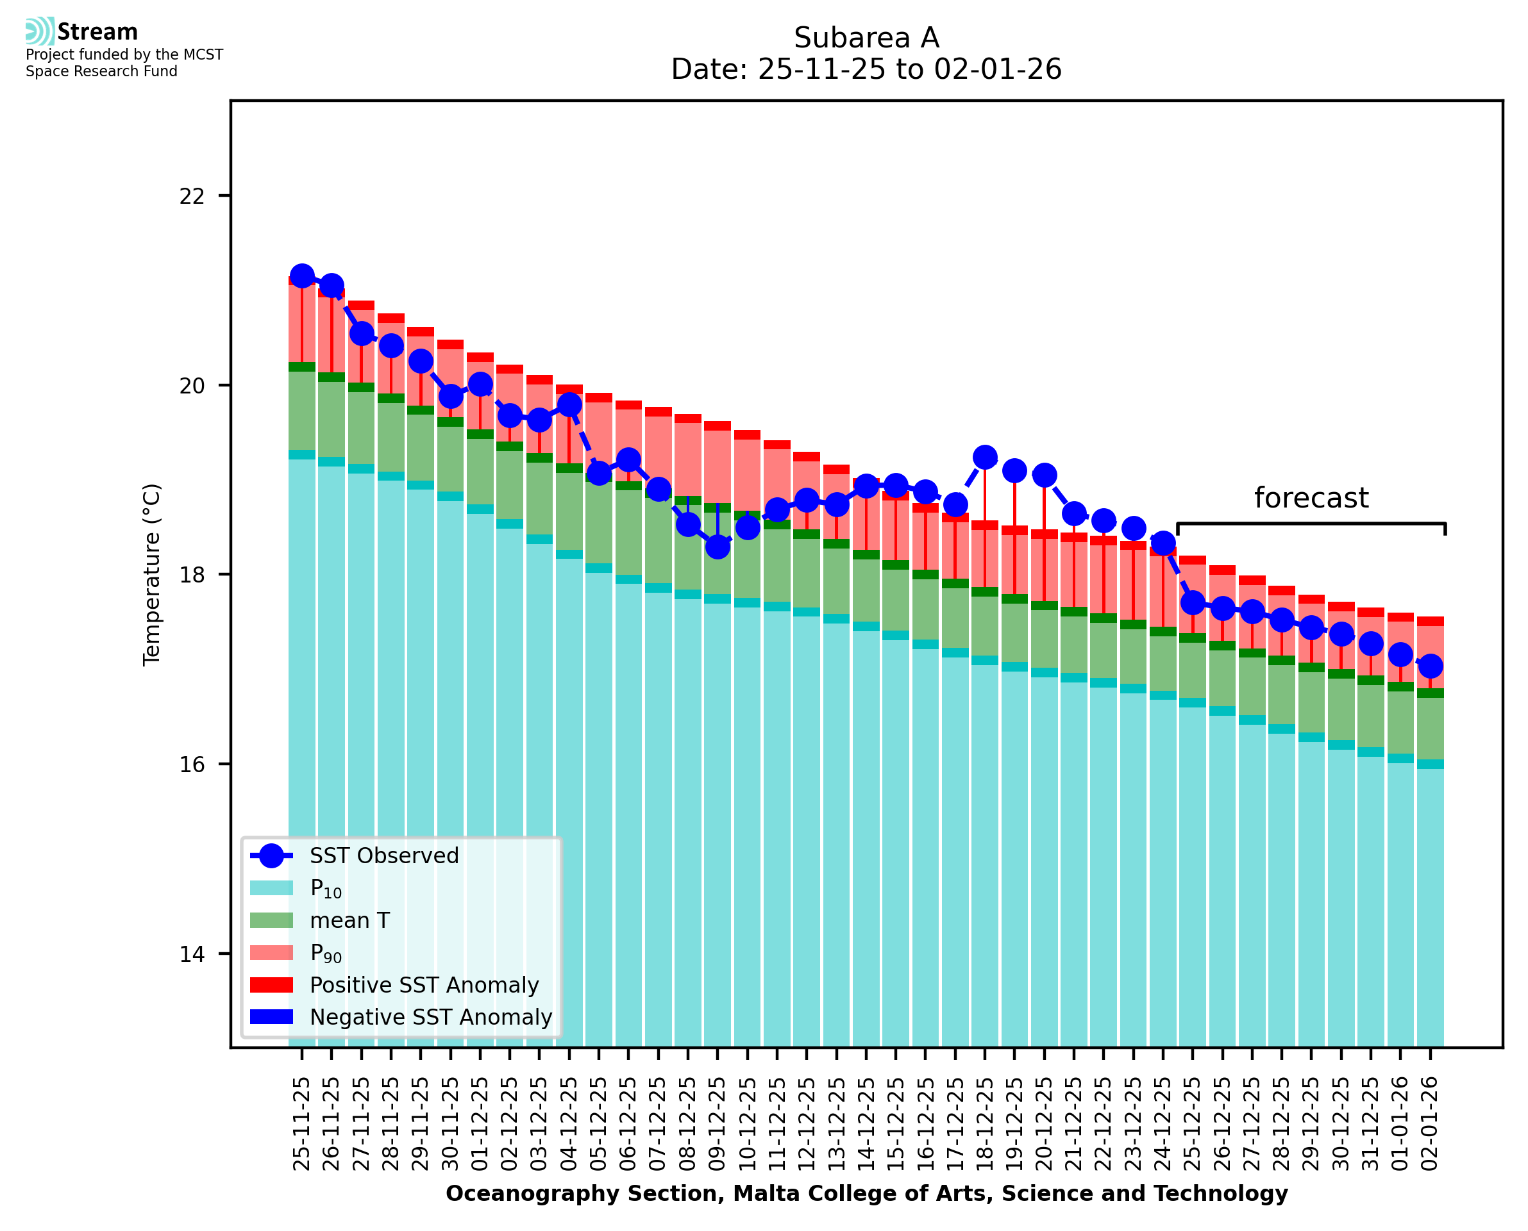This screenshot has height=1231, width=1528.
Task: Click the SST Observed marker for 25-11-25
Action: [x=302, y=276]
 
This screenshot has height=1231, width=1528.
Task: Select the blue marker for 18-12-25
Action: [x=985, y=458]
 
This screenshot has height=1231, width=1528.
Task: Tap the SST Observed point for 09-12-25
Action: [x=718, y=547]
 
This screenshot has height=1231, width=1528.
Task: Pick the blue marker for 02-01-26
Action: [x=1430, y=666]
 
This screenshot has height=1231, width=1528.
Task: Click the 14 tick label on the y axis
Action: [x=192, y=954]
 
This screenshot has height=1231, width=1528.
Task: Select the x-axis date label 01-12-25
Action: [x=480, y=1124]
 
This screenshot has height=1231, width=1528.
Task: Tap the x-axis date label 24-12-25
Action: [x=1163, y=1124]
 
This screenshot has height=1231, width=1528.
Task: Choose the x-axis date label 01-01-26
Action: [x=1400, y=1124]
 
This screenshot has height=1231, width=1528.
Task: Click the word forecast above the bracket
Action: [x=1311, y=498]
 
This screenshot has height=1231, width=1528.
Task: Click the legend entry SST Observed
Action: [x=384, y=856]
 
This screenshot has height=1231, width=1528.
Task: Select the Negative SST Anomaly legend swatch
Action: [x=272, y=1017]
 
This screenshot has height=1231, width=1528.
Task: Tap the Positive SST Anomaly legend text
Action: [x=424, y=985]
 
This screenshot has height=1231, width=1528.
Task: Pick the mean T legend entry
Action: [x=349, y=920]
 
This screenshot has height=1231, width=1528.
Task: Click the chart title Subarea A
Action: [x=866, y=38]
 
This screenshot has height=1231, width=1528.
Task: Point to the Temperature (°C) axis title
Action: [x=152, y=574]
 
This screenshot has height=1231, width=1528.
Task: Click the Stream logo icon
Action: [x=40, y=31]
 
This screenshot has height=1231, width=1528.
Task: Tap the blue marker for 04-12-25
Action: [x=569, y=405]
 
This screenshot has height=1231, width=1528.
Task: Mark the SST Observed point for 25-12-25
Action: [x=1193, y=603]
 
